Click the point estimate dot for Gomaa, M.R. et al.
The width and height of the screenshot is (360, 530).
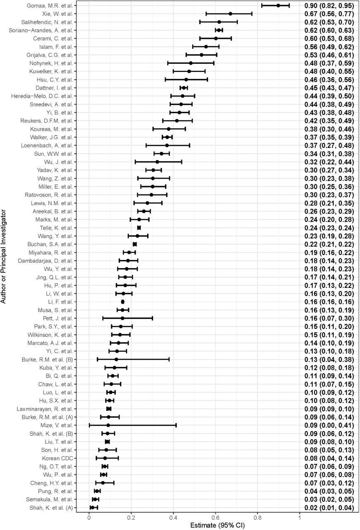tap(278, 5)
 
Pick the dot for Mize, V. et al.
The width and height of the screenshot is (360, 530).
tap(108, 425)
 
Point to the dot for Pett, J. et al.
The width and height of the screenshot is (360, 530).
tap(122, 318)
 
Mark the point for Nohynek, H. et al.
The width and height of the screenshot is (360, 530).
tap(190, 63)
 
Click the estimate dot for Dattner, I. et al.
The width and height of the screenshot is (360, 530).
tap(184, 88)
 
